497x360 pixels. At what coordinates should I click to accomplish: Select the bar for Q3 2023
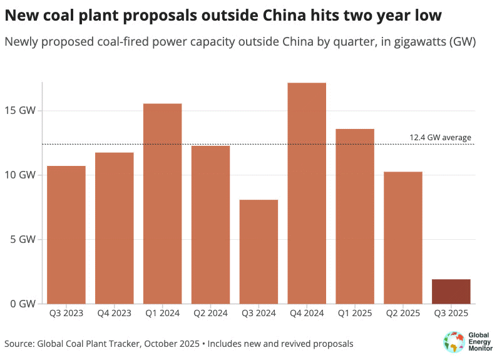[x=66, y=235]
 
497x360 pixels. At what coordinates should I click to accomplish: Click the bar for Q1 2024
[x=163, y=203]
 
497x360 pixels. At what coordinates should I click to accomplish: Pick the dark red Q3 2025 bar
[x=451, y=292]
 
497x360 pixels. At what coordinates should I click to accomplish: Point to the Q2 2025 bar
[x=403, y=238]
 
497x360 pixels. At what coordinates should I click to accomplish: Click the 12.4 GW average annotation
[x=440, y=138]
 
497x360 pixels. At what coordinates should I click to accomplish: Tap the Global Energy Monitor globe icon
[x=453, y=342]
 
